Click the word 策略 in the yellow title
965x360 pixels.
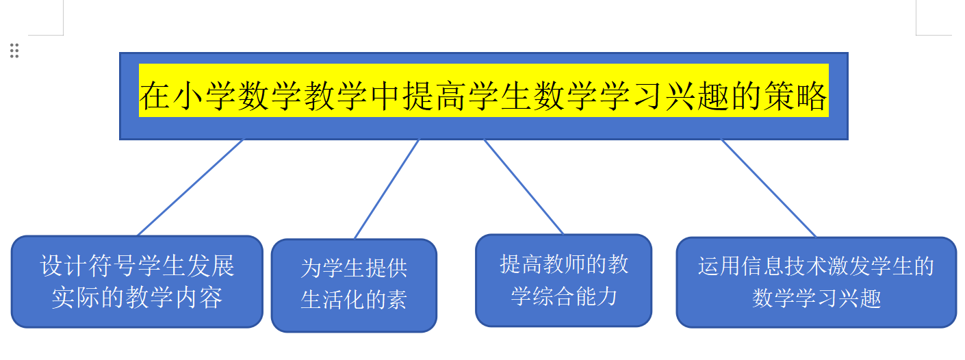[x=796, y=96]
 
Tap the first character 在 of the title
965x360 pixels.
[x=155, y=96]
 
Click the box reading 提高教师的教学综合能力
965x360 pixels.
[x=563, y=281]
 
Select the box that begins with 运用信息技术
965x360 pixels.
[x=816, y=283]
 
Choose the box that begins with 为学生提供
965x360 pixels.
[x=354, y=285]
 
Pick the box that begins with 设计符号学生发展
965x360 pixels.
[x=137, y=281]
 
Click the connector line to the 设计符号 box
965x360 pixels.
[x=190, y=188]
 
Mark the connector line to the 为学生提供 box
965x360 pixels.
[x=387, y=189]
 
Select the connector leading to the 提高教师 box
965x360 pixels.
[x=524, y=186]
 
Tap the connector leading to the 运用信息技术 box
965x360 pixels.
[x=769, y=188]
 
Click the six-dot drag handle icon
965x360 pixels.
[x=14, y=51]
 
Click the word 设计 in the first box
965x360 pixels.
[x=64, y=266]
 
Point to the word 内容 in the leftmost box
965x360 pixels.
[x=198, y=298]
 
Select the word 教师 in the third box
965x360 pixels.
[x=553, y=264]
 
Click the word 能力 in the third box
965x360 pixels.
[x=596, y=296]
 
